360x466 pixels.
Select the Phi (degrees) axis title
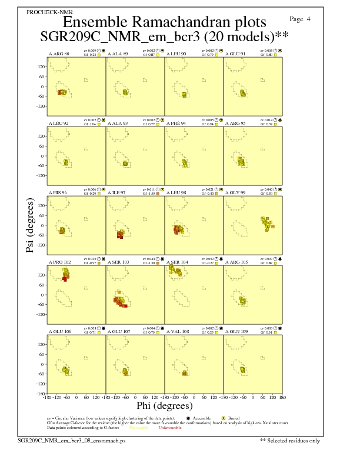pyautogui.click(x=164, y=405)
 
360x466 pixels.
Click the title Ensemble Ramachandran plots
pyautogui.click(x=164, y=22)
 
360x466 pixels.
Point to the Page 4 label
pyautogui.click(x=301, y=19)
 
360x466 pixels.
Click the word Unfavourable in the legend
pyautogui.click(x=170, y=428)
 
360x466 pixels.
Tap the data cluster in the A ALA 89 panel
pyautogui.click(x=125, y=92)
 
